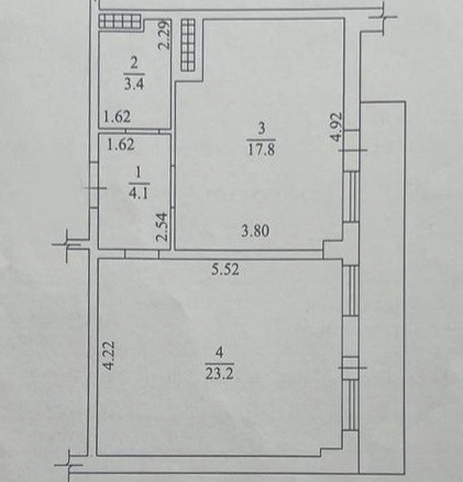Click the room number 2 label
click(134, 64)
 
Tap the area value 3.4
click(134, 83)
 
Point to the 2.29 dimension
click(164, 35)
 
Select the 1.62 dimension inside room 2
click(117, 117)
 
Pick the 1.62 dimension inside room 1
click(120, 145)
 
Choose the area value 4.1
click(138, 193)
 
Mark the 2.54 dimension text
click(162, 227)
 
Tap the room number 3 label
click(261, 128)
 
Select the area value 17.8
click(261, 150)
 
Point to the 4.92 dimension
click(336, 127)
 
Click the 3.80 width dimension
click(255, 231)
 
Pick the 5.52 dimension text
click(225, 269)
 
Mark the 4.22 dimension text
click(109, 355)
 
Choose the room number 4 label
click(219, 352)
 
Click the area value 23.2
click(220, 374)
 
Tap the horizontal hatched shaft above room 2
click(120, 22)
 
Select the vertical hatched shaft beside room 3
click(188, 45)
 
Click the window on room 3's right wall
click(351, 197)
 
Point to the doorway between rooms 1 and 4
click(142, 254)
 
